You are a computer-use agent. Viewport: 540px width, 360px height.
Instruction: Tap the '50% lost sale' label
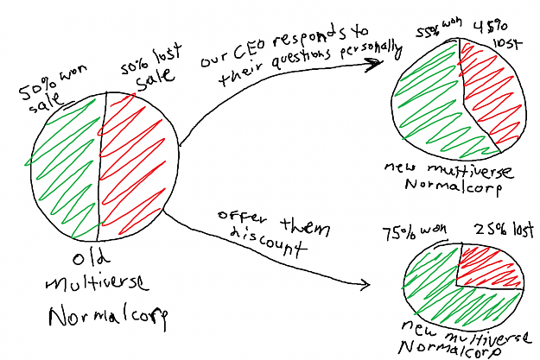pos(151,68)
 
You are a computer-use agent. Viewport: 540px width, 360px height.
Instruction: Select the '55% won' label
pos(438,28)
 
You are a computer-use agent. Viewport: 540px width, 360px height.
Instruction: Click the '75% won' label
pos(415,231)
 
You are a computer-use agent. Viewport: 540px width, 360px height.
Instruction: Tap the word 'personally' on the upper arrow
pos(372,51)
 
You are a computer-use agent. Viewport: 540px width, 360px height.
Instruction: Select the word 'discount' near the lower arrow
pos(268,242)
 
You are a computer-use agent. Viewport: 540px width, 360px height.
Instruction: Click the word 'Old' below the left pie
pos(91,257)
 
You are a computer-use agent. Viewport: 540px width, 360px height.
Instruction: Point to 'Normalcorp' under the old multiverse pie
pos(108,317)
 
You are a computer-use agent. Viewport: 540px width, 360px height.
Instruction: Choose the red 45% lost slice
pos(492,93)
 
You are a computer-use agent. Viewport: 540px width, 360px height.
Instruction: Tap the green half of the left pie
pos(66,168)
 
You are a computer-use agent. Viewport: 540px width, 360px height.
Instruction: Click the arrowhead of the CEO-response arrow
pos(375,64)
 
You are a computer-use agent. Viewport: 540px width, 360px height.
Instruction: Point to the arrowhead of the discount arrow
pos(365,284)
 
